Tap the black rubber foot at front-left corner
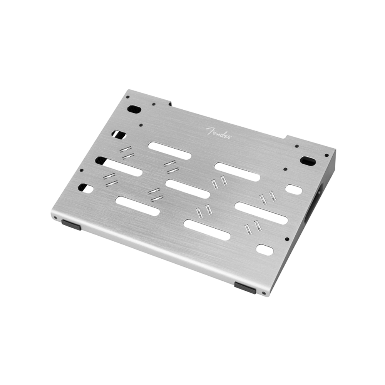click(71, 225)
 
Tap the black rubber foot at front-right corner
click(245, 288)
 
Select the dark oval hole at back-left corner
click(134, 109)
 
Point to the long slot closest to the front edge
click(207, 229)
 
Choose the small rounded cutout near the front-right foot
click(264, 249)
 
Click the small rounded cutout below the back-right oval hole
click(293, 190)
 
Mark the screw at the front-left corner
click(55, 218)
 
